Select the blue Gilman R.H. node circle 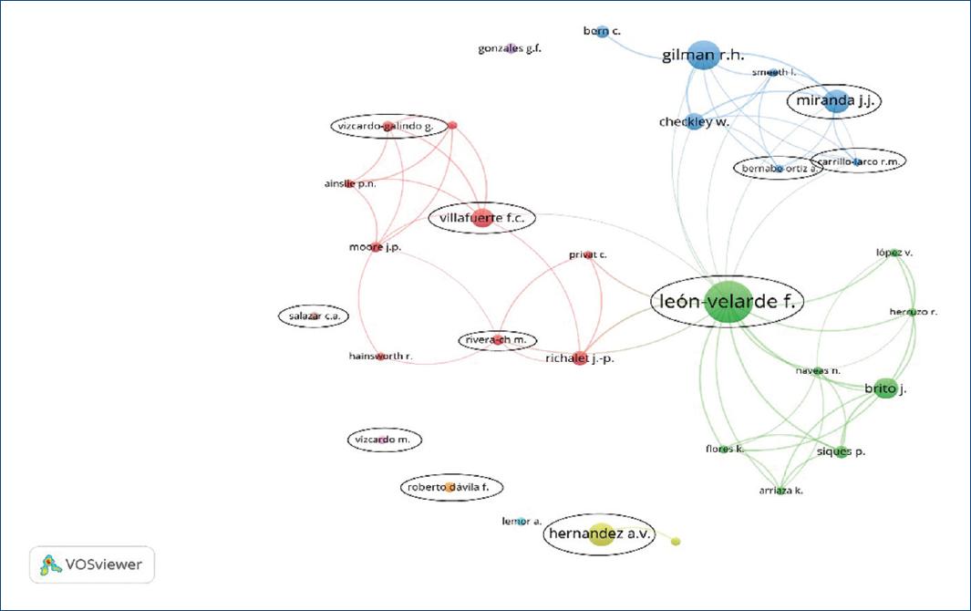click(x=702, y=56)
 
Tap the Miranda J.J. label click(x=835, y=101)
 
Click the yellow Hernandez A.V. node click(x=600, y=535)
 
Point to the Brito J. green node click(x=883, y=388)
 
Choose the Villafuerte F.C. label click(x=482, y=218)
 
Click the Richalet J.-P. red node click(x=580, y=359)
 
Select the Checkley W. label click(x=694, y=122)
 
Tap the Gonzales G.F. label click(x=510, y=48)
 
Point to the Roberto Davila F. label click(x=450, y=488)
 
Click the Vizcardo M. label click(x=384, y=440)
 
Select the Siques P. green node click(x=841, y=451)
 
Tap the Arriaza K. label click(x=780, y=491)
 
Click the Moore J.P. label click(x=375, y=247)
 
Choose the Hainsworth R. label click(x=380, y=356)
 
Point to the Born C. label click(x=602, y=32)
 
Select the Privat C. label click(x=588, y=254)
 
